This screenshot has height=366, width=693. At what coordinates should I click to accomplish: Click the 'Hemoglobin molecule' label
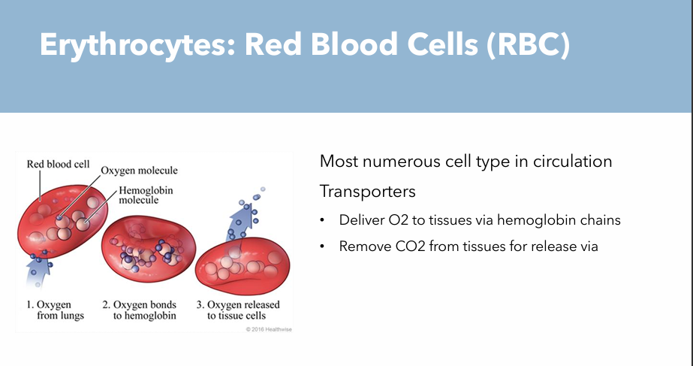[x=146, y=195]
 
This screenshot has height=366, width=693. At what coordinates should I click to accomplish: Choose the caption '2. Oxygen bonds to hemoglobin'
[x=140, y=310]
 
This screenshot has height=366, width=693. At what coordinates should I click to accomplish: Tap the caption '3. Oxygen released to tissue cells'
[x=233, y=310]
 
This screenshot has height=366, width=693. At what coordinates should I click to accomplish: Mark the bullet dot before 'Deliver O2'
[x=323, y=221]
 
